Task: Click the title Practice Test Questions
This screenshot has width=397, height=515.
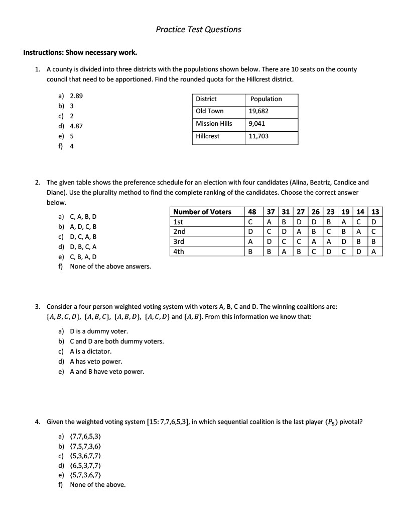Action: coord(198,29)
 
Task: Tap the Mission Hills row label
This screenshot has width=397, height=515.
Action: coord(214,124)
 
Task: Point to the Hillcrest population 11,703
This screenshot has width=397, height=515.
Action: coord(259,136)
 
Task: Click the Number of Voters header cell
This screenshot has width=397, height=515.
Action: coord(202,212)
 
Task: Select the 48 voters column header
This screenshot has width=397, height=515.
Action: coord(252,212)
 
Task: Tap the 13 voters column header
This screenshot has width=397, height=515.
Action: coord(375,212)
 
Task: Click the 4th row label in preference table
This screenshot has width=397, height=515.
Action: coord(178,251)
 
